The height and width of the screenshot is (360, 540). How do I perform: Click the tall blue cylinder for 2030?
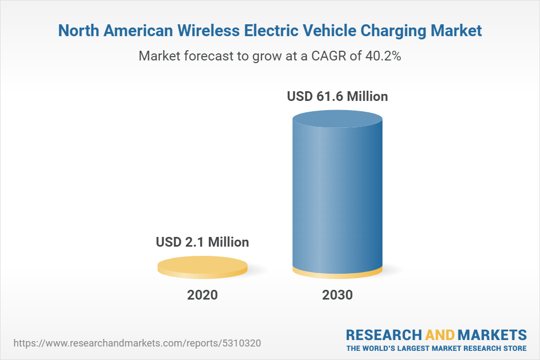(x=337, y=194)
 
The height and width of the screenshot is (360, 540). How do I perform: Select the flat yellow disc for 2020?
(x=202, y=266)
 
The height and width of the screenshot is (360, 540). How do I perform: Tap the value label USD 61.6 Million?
(x=337, y=97)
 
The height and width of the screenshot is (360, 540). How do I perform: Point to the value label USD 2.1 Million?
(x=202, y=242)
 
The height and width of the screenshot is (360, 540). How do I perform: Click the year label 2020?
(x=202, y=295)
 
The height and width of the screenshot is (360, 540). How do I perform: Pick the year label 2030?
(x=337, y=295)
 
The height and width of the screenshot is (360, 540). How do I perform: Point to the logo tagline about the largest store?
(x=436, y=348)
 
